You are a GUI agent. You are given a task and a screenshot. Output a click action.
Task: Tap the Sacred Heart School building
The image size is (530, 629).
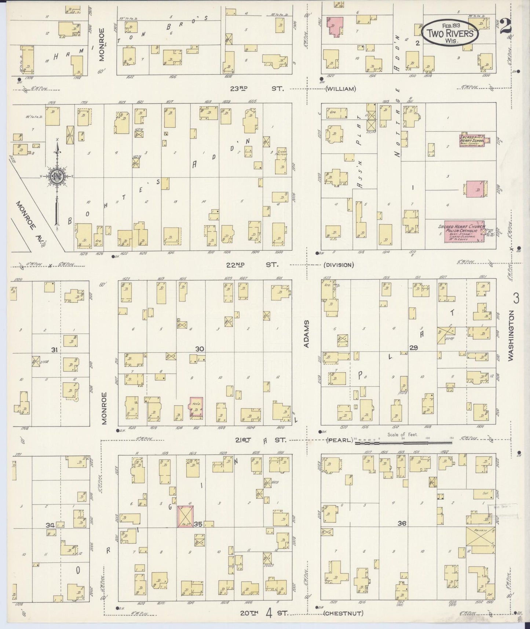point(472,141)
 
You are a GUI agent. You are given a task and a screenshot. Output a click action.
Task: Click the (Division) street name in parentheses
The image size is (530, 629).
point(338,265)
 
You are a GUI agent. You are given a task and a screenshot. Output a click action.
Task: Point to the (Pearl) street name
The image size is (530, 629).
point(339,440)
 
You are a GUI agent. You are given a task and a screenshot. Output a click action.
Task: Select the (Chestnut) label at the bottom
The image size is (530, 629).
point(343,613)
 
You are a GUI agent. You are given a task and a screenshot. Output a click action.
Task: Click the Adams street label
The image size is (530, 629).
point(307,334)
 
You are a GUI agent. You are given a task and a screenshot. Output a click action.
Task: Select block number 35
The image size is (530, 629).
point(198,524)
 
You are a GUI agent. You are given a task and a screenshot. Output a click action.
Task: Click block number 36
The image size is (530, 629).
point(402,523)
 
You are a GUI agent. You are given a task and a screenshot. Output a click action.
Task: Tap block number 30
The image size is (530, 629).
point(200,349)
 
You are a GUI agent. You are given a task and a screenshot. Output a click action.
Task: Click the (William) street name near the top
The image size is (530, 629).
point(340,88)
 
